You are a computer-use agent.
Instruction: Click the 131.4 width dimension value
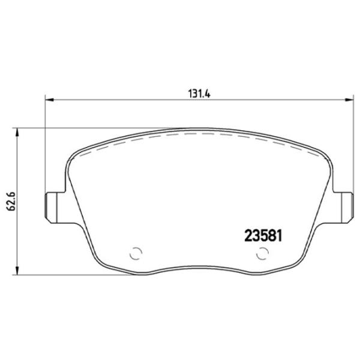click(198, 93)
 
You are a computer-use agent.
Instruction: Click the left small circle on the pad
click(135, 253)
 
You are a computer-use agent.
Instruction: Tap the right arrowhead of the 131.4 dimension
click(347, 100)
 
